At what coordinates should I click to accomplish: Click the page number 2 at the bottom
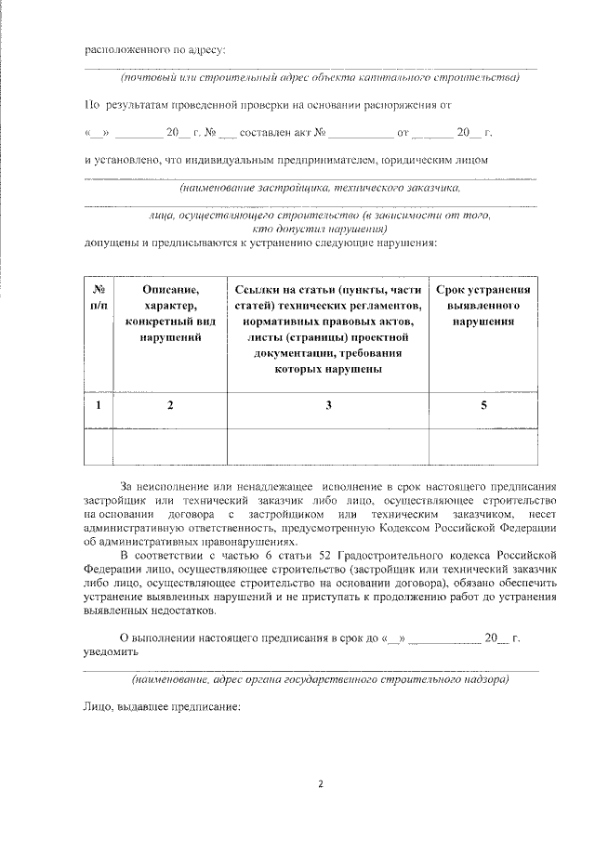click(x=321, y=782)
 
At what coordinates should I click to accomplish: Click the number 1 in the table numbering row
click(x=99, y=404)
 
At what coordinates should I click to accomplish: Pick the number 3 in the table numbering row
click(x=328, y=404)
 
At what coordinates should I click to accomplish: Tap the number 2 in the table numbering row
click(x=170, y=404)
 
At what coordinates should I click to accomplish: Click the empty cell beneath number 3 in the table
click(x=328, y=444)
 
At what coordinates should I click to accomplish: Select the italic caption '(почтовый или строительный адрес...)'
click(x=311, y=77)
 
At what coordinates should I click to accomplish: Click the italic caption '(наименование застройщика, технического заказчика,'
click(x=320, y=186)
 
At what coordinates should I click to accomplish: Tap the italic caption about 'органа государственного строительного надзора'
click(x=320, y=679)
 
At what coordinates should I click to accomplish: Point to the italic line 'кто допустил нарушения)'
click(x=320, y=228)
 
